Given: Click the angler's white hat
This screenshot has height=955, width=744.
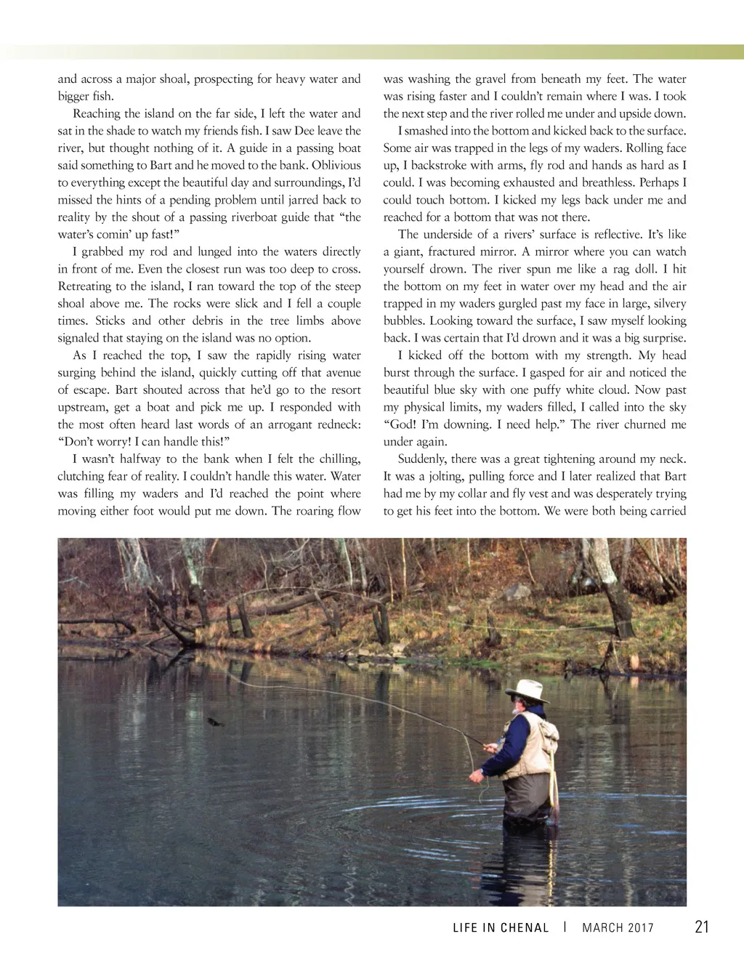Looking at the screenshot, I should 527,689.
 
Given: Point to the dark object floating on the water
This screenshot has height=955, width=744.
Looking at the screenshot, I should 214,721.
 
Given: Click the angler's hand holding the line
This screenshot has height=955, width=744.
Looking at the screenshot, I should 476,776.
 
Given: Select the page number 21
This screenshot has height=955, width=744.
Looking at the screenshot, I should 701,927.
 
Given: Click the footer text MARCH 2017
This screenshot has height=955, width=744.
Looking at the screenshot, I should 618,928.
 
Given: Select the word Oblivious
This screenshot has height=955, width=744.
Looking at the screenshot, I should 336,165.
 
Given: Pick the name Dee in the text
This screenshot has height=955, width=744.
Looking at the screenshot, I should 304,131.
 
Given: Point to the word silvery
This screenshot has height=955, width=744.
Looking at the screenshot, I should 668,304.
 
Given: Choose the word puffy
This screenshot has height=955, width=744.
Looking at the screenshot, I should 554,390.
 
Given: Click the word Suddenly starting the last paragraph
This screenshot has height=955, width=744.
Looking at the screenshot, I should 421,459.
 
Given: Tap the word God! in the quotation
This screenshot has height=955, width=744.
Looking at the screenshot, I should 400,424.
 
